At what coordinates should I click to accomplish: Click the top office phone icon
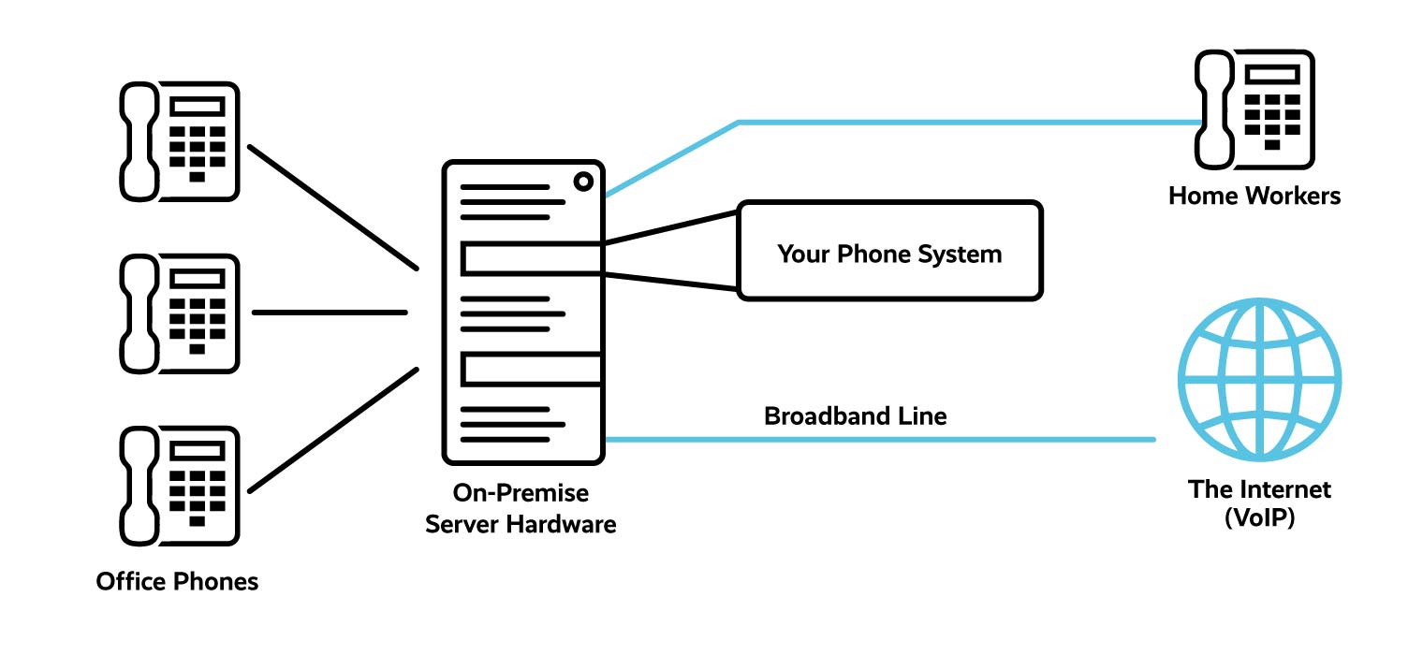coord(180,141)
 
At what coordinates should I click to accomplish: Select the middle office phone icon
coord(180,313)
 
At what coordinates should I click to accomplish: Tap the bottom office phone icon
coord(180,486)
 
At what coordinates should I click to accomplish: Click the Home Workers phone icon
coord(1254,109)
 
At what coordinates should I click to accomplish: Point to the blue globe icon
coord(1259,379)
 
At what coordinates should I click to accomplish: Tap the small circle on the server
coord(583,182)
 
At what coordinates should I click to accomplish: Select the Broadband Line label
coord(855,415)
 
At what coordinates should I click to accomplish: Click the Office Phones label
coord(177,582)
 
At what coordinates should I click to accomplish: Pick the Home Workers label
coord(1254,196)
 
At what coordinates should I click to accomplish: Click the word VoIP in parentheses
coord(1259,517)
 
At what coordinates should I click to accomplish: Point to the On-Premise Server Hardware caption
coord(521,508)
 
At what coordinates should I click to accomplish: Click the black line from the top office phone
coord(332,206)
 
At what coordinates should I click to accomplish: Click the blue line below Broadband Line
coord(880,439)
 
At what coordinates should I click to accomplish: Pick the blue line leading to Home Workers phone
coord(964,122)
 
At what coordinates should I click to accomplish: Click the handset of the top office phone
coord(139,141)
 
